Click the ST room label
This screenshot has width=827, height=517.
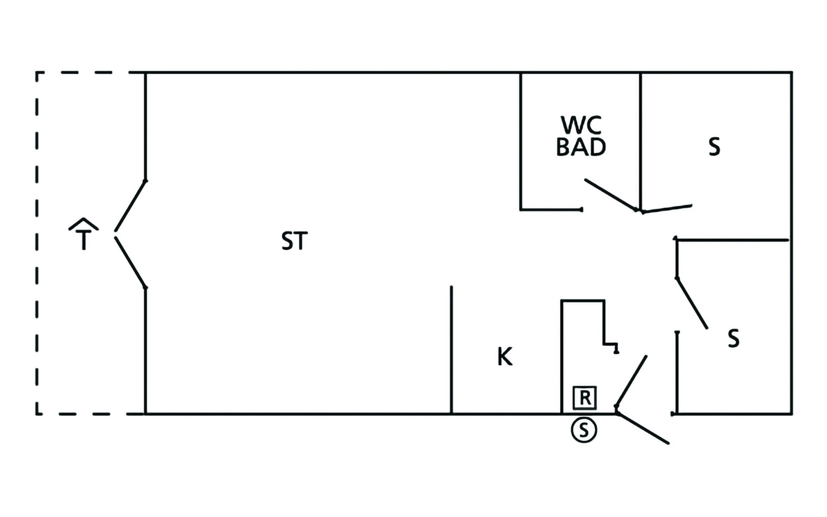click(295, 241)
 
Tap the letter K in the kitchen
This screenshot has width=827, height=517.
click(505, 357)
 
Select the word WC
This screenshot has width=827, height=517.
click(581, 125)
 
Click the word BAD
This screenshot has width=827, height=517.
click(581, 147)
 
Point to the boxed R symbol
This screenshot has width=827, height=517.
click(584, 398)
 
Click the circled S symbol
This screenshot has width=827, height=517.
click(584, 430)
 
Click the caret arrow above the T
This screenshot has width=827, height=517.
click(84, 224)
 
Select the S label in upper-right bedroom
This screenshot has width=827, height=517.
click(714, 147)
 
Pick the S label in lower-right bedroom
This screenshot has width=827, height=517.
click(734, 339)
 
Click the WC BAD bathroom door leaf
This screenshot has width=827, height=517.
click(610, 195)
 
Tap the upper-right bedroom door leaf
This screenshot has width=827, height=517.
click(667, 209)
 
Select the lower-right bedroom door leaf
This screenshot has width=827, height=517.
click(692, 303)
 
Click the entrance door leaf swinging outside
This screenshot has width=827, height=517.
click(643, 428)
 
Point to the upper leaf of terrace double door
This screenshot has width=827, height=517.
click(131, 206)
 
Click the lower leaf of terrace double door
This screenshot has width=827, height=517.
click(131, 262)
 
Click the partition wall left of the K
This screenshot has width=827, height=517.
click(451, 350)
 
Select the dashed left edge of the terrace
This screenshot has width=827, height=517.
click(37, 243)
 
